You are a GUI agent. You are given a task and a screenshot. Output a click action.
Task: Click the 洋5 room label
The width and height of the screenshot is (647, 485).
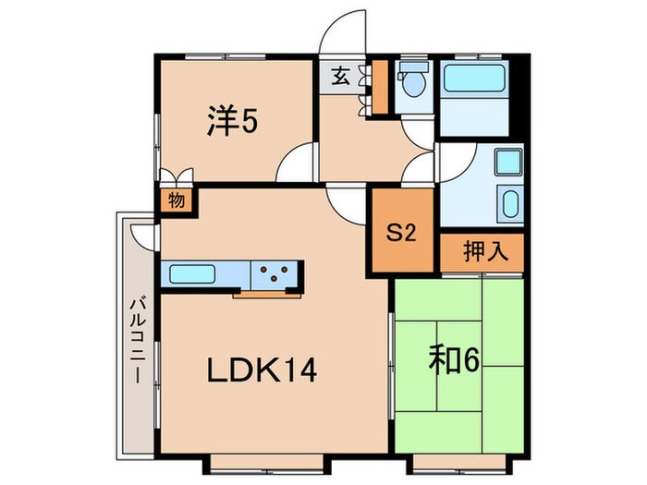(x=232, y=120)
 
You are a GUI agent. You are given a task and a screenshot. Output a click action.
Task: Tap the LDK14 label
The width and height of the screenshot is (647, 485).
(x=262, y=370)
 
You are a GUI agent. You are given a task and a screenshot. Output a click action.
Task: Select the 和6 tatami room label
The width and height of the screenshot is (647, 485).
(x=455, y=359)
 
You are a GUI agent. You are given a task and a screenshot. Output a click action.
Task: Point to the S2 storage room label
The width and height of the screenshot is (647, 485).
(x=401, y=234)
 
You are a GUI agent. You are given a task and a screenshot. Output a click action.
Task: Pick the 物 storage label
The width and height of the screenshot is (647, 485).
(x=177, y=200)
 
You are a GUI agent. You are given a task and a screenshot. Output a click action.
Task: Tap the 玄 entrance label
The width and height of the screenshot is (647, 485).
(x=340, y=77)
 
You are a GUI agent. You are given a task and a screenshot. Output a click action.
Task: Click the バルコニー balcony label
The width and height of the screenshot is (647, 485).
(x=138, y=342)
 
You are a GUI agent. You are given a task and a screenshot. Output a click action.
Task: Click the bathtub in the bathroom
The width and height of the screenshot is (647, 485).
(x=474, y=78)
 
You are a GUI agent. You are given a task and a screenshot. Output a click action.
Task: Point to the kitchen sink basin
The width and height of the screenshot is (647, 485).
(x=192, y=274)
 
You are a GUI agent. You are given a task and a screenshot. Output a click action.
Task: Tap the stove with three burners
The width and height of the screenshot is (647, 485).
(x=274, y=274)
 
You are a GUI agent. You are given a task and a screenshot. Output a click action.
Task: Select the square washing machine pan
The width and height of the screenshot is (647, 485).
(x=508, y=162)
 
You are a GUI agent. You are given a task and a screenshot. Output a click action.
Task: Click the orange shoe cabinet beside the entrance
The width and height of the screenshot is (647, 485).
(x=381, y=87)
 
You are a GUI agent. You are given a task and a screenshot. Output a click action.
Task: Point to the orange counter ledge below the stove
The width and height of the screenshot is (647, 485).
(x=267, y=295)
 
